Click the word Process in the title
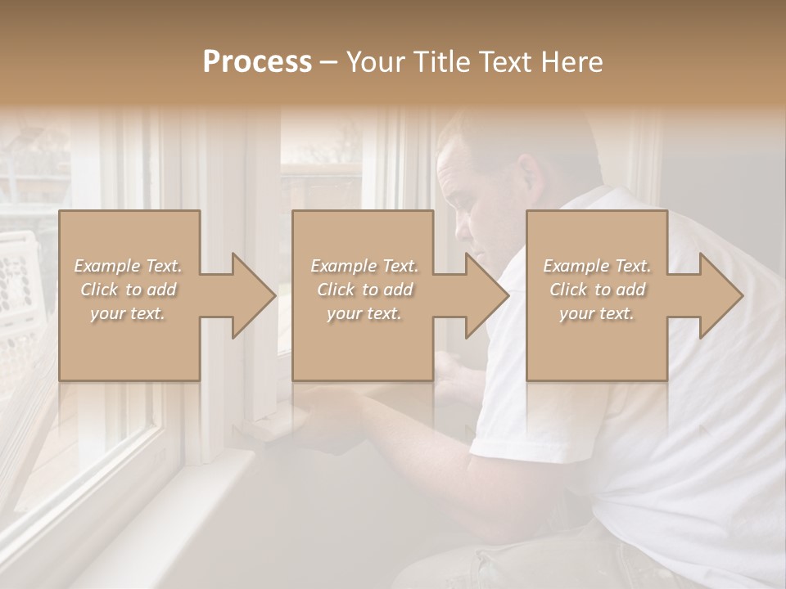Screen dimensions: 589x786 (257, 62)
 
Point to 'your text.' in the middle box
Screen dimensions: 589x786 (364, 314)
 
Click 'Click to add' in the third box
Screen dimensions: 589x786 (596, 290)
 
